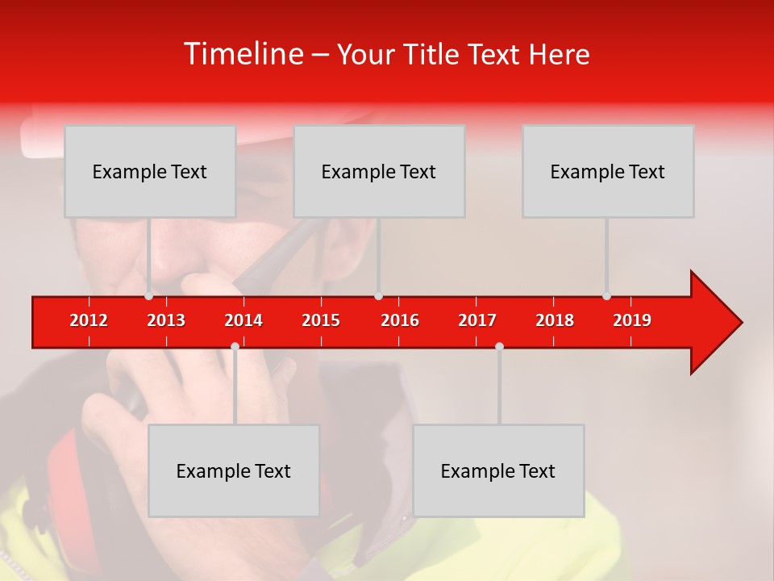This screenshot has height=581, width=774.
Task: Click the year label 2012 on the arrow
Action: pyautogui.click(x=89, y=320)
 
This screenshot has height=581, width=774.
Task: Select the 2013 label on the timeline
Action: pyautogui.click(x=166, y=320)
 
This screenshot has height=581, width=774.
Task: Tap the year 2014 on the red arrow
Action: pyautogui.click(x=243, y=320)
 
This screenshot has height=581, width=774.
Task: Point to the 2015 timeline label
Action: pyautogui.click(x=321, y=320)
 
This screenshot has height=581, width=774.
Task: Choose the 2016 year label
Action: pyautogui.click(x=400, y=320)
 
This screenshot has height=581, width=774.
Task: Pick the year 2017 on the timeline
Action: pyautogui.click(x=477, y=320)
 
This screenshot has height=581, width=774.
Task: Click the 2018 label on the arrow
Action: pyautogui.click(x=555, y=320)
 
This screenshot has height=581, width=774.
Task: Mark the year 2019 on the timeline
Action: pyautogui.click(x=632, y=320)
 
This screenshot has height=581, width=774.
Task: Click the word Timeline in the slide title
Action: pyautogui.click(x=243, y=54)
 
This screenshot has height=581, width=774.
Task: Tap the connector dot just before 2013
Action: pyautogui.click(x=149, y=296)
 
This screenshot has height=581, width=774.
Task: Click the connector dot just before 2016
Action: pyautogui.click(x=378, y=296)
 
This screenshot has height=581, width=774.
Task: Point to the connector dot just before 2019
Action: pyautogui.click(x=607, y=296)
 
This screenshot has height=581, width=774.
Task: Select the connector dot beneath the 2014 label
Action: pyautogui.click(x=235, y=346)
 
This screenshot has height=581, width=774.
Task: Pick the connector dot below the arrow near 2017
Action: pyautogui.click(x=499, y=346)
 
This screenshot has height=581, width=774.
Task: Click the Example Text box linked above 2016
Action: pyautogui.click(x=379, y=171)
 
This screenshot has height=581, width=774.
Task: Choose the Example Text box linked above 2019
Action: pyautogui.click(x=608, y=171)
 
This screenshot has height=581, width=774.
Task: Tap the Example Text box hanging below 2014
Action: pyautogui.click(x=234, y=470)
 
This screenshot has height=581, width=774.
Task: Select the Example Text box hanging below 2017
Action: pyautogui.click(x=498, y=470)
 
